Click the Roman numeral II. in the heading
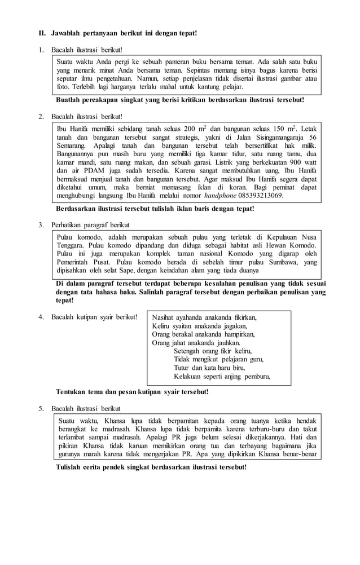click(42, 33)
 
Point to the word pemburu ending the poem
click(256, 376)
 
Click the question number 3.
click(41, 224)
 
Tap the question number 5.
click(41, 408)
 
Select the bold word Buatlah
click(70, 99)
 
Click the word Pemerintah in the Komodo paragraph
click(76, 262)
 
